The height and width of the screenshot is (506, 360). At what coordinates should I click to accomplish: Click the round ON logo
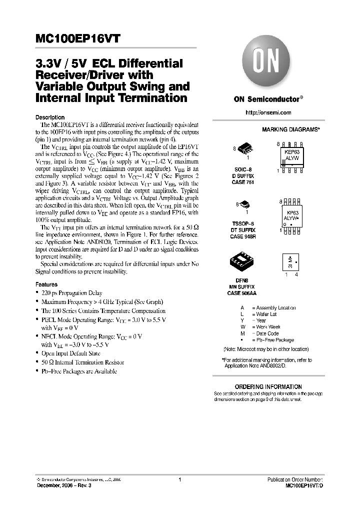click(263, 63)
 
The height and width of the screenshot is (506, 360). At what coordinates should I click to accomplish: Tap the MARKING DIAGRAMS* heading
click(290, 129)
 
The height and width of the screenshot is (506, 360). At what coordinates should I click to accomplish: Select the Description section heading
click(50, 117)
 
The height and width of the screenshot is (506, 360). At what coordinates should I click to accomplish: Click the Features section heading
click(46, 284)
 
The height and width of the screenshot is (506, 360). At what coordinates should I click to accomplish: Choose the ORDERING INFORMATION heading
click(268, 386)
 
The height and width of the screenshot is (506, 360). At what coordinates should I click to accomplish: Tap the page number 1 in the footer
click(179, 479)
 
